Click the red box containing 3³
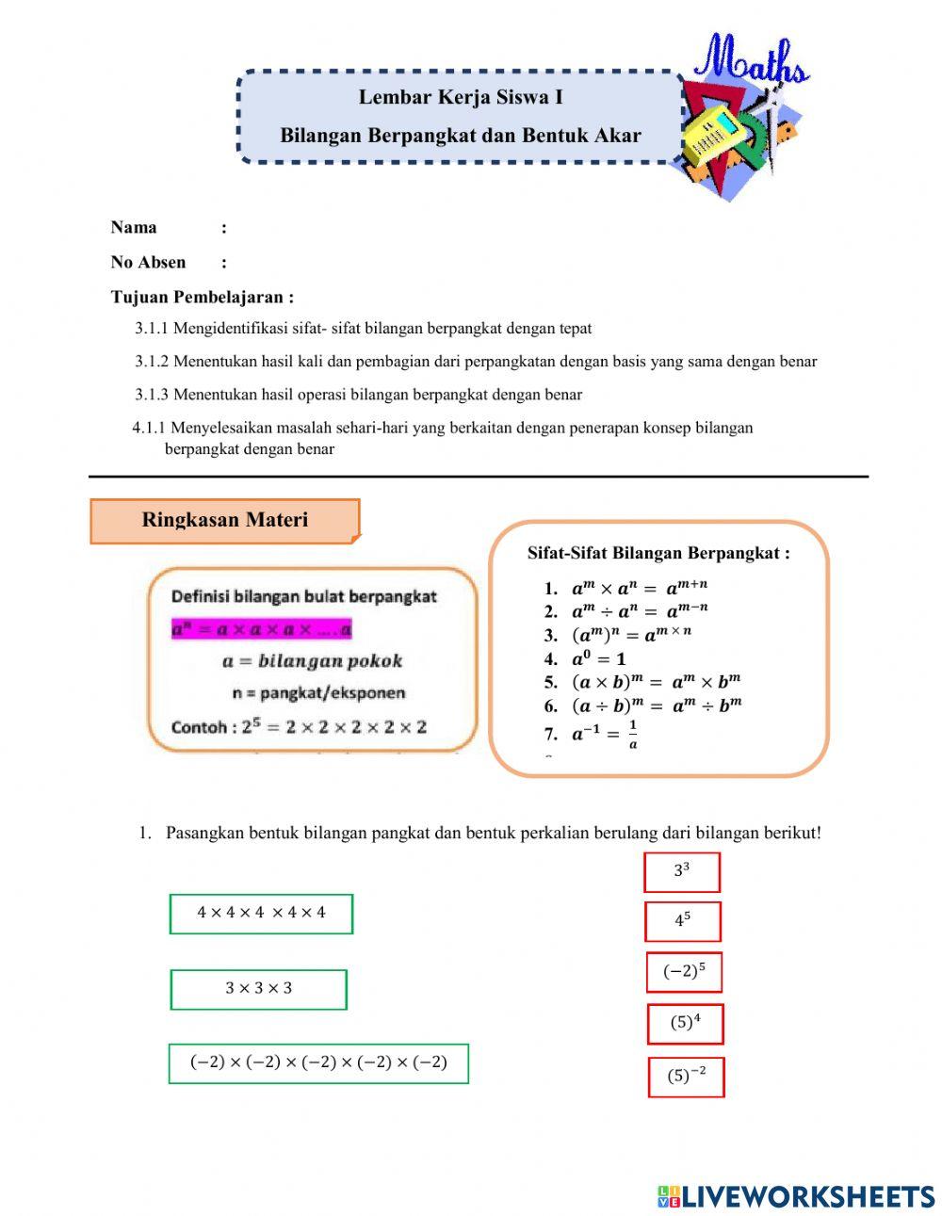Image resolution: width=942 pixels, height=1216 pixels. [681, 871]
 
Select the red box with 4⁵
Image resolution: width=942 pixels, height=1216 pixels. [682, 921]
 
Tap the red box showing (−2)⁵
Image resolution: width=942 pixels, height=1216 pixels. [684, 972]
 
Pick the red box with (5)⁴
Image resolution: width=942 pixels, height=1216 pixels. [685, 1023]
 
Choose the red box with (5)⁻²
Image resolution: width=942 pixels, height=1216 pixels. [686, 1077]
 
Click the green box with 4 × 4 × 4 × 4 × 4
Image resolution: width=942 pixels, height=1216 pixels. [261, 913]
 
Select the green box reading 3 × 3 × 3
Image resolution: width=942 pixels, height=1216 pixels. [258, 989]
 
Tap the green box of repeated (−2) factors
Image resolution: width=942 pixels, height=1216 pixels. [318, 1062]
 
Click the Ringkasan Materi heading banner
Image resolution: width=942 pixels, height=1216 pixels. [224, 520]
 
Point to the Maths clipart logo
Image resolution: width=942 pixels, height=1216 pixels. [744, 118]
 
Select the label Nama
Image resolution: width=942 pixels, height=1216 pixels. [134, 227]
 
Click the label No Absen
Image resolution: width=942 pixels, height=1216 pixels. [148, 262]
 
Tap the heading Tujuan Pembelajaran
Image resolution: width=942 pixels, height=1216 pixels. [202, 297]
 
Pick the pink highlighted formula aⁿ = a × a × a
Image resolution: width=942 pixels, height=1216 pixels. [261, 628]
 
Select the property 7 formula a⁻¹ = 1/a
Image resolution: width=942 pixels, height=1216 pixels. [603, 733]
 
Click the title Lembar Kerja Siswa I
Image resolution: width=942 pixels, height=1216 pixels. [461, 97]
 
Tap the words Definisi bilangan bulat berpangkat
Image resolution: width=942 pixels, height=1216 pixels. [303, 596]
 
